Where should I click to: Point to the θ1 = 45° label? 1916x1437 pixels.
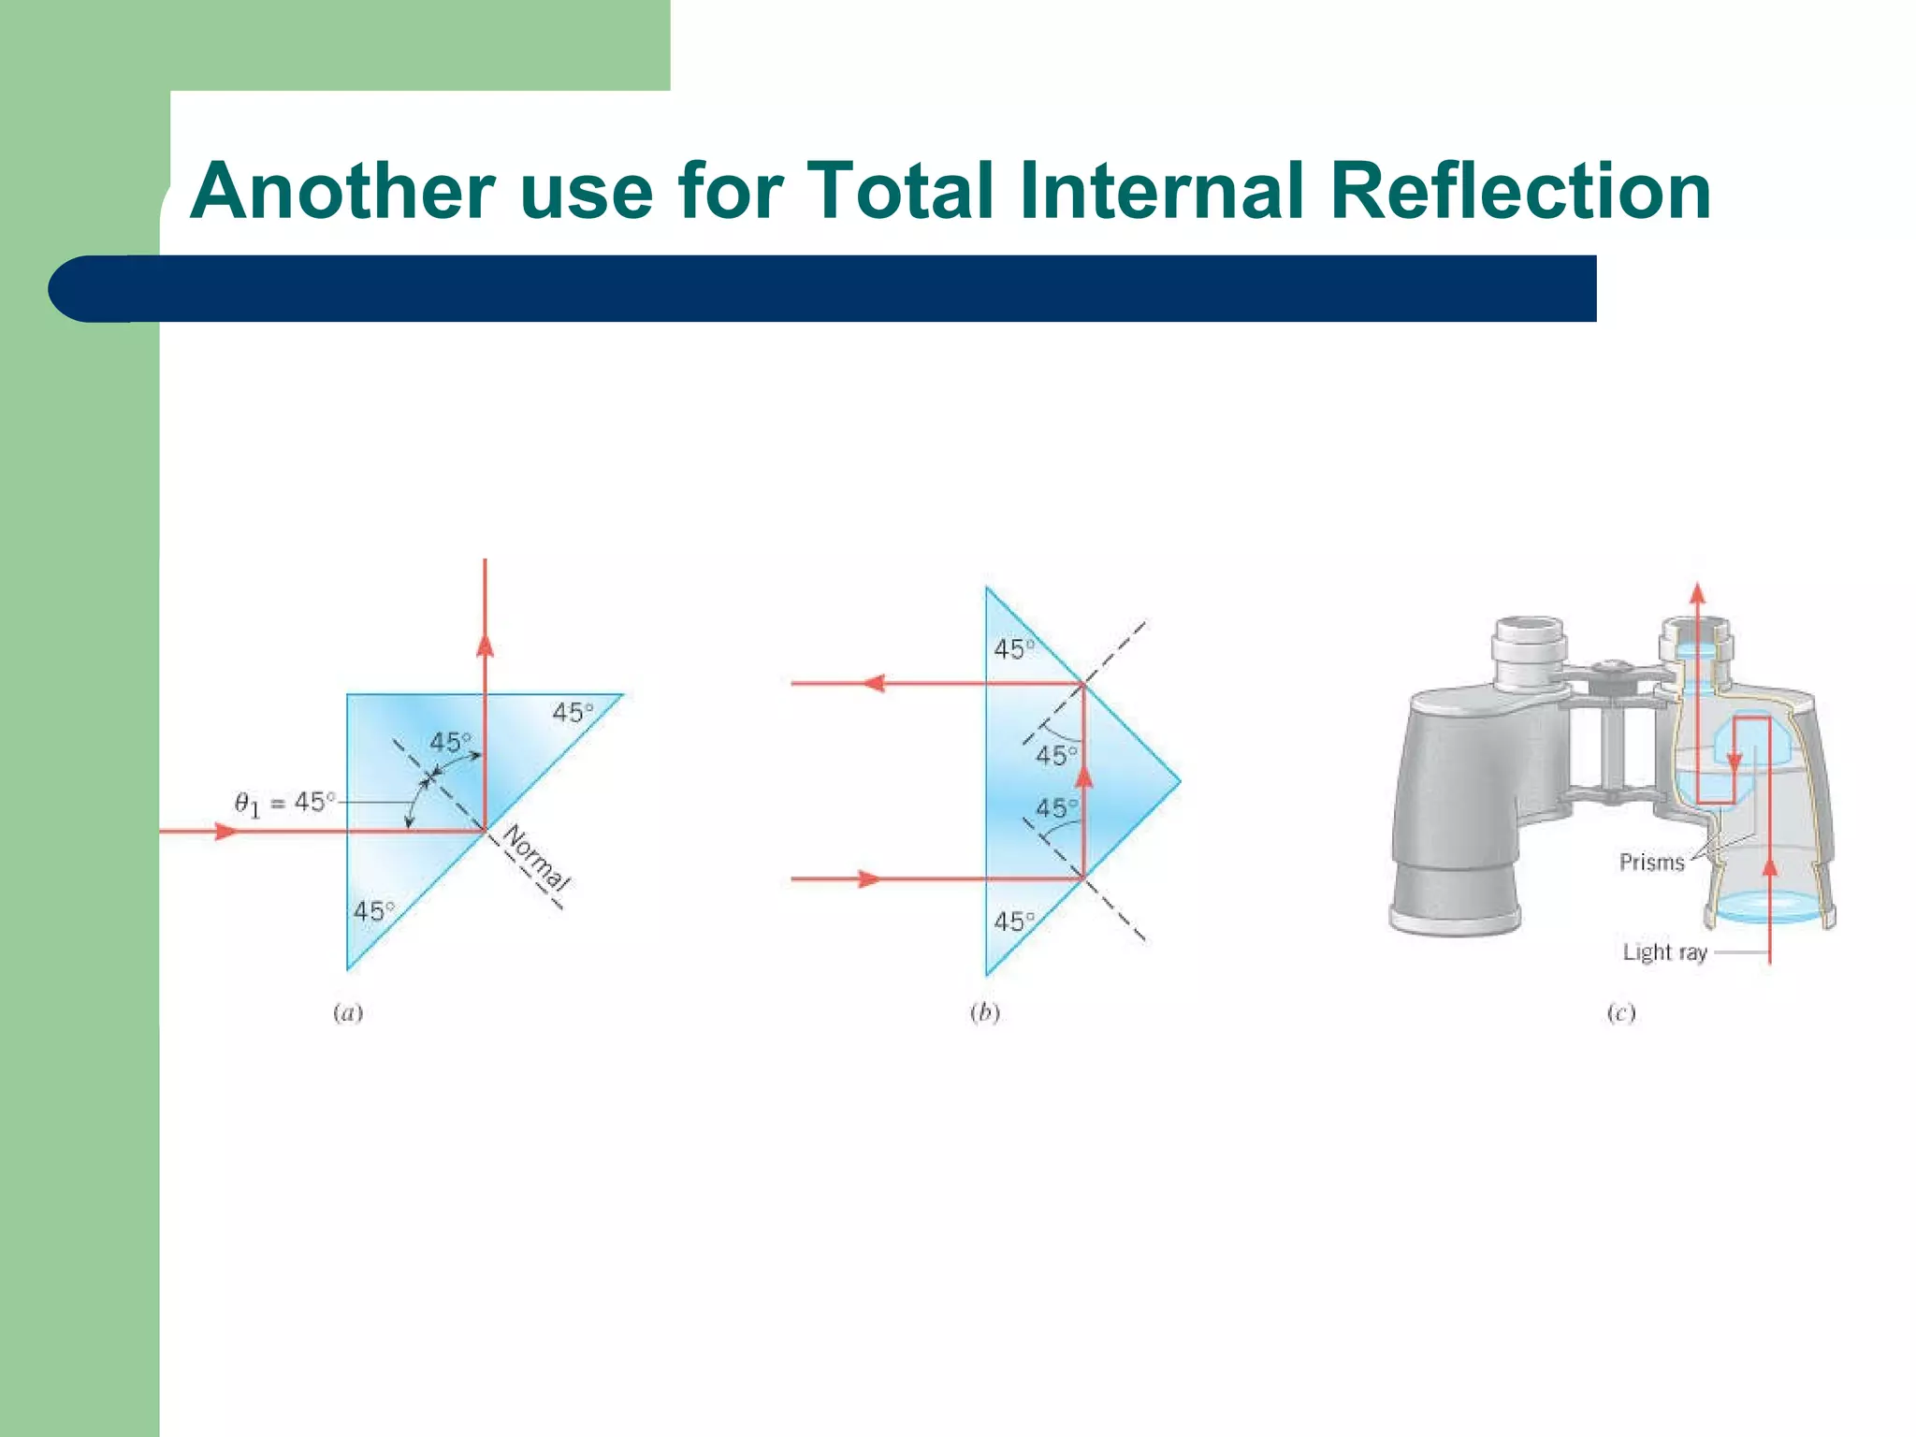[x=283, y=804]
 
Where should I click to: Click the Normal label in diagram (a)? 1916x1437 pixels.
[x=536, y=858]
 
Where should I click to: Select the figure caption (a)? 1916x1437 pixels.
[x=348, y=1013]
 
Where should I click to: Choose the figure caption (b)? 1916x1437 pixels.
[x=984, y=1013]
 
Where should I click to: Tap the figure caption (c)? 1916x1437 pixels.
[x=1620, y=1013]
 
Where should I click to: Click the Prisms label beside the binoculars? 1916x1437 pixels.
[x=1651, y=862]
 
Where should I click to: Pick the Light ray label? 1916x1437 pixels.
[x=1664, y=952]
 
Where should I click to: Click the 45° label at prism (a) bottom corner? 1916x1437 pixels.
[x=374, y=910]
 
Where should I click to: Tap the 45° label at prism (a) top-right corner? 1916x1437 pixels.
[x=573, y=713]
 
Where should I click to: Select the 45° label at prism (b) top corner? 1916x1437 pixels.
[x=1014, y=648]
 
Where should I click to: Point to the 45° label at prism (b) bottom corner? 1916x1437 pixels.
[x=1014, y=922]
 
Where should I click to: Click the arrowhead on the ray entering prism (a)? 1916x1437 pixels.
[x=225, y=831]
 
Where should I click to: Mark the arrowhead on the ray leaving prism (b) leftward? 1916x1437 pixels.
[x=873, y=684]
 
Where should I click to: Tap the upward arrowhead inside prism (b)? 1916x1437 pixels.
[x=1083, y=777]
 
